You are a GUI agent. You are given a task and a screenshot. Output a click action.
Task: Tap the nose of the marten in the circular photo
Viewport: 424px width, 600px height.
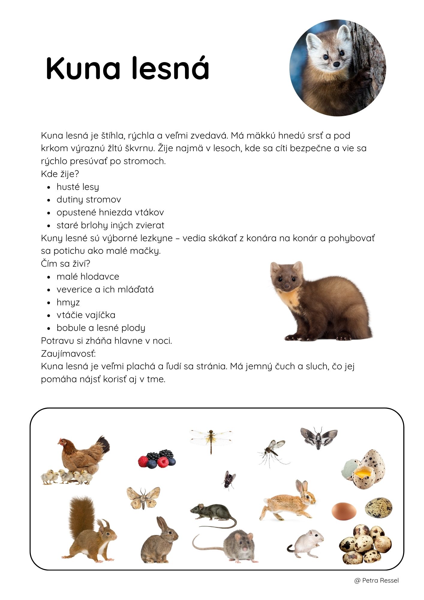point(337,64)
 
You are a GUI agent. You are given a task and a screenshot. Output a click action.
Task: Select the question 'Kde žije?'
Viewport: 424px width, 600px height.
point(60,174)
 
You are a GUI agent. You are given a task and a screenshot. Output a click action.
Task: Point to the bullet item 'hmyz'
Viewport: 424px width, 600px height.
point(68,302)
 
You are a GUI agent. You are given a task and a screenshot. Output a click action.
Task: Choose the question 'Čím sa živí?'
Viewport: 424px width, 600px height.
point(66,264)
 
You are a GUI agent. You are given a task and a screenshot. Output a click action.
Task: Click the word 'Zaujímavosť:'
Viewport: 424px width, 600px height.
point(68,354)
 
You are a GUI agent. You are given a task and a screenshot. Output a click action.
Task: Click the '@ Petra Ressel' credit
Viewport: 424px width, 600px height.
point(376,580)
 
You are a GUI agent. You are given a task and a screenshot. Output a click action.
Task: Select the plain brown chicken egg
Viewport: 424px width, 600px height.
point(344,511)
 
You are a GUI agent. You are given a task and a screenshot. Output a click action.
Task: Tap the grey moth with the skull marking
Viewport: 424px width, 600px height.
point(319,437)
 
